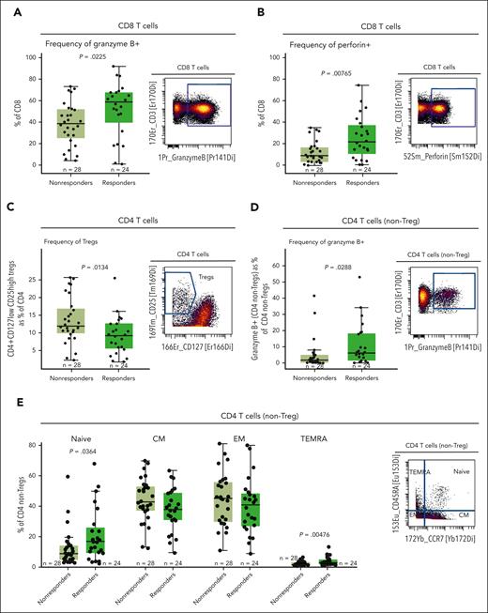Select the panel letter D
(251, 215)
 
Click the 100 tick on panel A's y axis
(28, 57)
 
